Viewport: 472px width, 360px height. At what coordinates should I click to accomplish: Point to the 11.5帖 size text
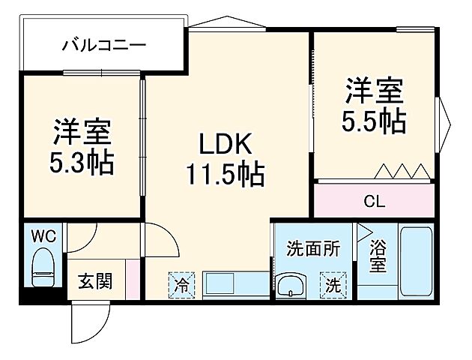point(223,175)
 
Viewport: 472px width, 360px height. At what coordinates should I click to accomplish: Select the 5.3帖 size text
point(81,163)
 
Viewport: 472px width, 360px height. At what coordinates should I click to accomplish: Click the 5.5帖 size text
point(375,120)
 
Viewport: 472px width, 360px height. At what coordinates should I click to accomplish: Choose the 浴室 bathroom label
point(378,256)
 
